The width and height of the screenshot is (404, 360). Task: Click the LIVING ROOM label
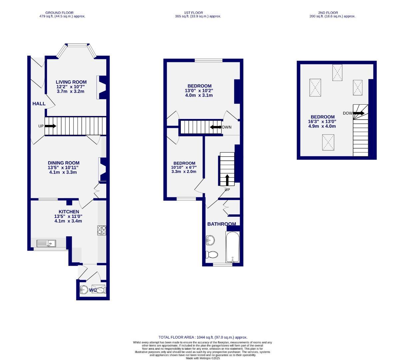[x=71, y=82]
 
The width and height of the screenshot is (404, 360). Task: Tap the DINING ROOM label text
[x=63, y=163]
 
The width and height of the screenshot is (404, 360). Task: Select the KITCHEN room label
[x=69, y=212]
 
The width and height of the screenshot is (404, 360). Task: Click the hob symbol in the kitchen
[x=102, y=230]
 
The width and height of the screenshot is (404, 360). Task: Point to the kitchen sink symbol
[x=46, y=243]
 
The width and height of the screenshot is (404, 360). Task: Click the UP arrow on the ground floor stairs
[x=50, y=126]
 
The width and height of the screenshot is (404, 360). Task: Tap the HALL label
[x=39, y=104]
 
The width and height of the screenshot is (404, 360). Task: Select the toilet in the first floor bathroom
[x=212, y=255]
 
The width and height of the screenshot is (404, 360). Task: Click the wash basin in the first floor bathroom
[x=210, y=240]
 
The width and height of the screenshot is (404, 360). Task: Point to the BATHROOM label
[x=221, y=224]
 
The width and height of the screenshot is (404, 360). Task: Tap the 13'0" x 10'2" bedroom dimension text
[x=199, y=91]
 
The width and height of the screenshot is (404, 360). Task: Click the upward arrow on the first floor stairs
[x=227, y=180]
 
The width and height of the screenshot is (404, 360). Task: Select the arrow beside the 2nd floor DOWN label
[x=358, y=113]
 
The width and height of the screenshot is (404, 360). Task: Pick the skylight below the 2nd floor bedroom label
[x=328, y=142]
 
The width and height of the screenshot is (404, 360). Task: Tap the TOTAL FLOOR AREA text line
[x=203, y=337]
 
